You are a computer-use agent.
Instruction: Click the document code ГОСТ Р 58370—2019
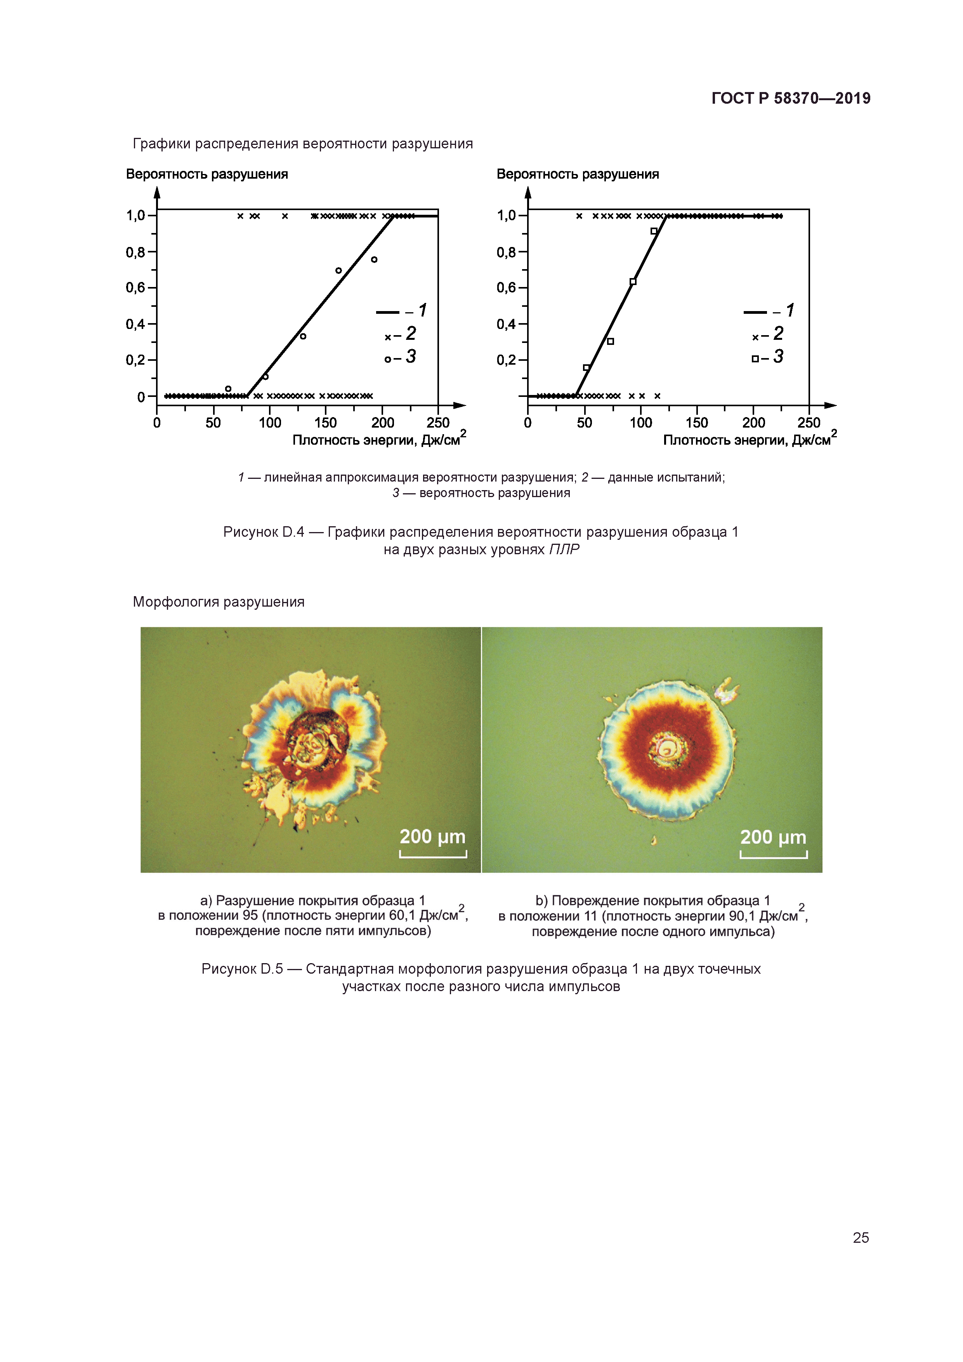[x=790, y=99]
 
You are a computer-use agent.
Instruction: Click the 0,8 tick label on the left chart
[x=135, y=253]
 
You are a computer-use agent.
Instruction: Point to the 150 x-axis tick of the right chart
[x=697, y=423]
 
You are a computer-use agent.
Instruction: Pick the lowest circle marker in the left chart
[x=228, y=389]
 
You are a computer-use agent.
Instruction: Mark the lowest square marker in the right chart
[x=586, y=368]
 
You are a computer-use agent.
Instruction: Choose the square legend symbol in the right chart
[x=755, y=359]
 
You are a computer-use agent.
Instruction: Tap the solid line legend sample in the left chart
[x=388, y=313]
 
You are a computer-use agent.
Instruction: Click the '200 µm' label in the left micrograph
[x=432, y=837]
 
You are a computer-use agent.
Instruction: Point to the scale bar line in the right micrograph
[x=773, y=856]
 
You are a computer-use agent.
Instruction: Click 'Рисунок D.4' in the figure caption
[x=263, y=532]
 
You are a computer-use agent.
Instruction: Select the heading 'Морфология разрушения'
[x=218, y=602]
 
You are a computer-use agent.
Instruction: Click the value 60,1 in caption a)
[x=403, y=915]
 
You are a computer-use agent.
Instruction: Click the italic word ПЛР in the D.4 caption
[x=564, y=550]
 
